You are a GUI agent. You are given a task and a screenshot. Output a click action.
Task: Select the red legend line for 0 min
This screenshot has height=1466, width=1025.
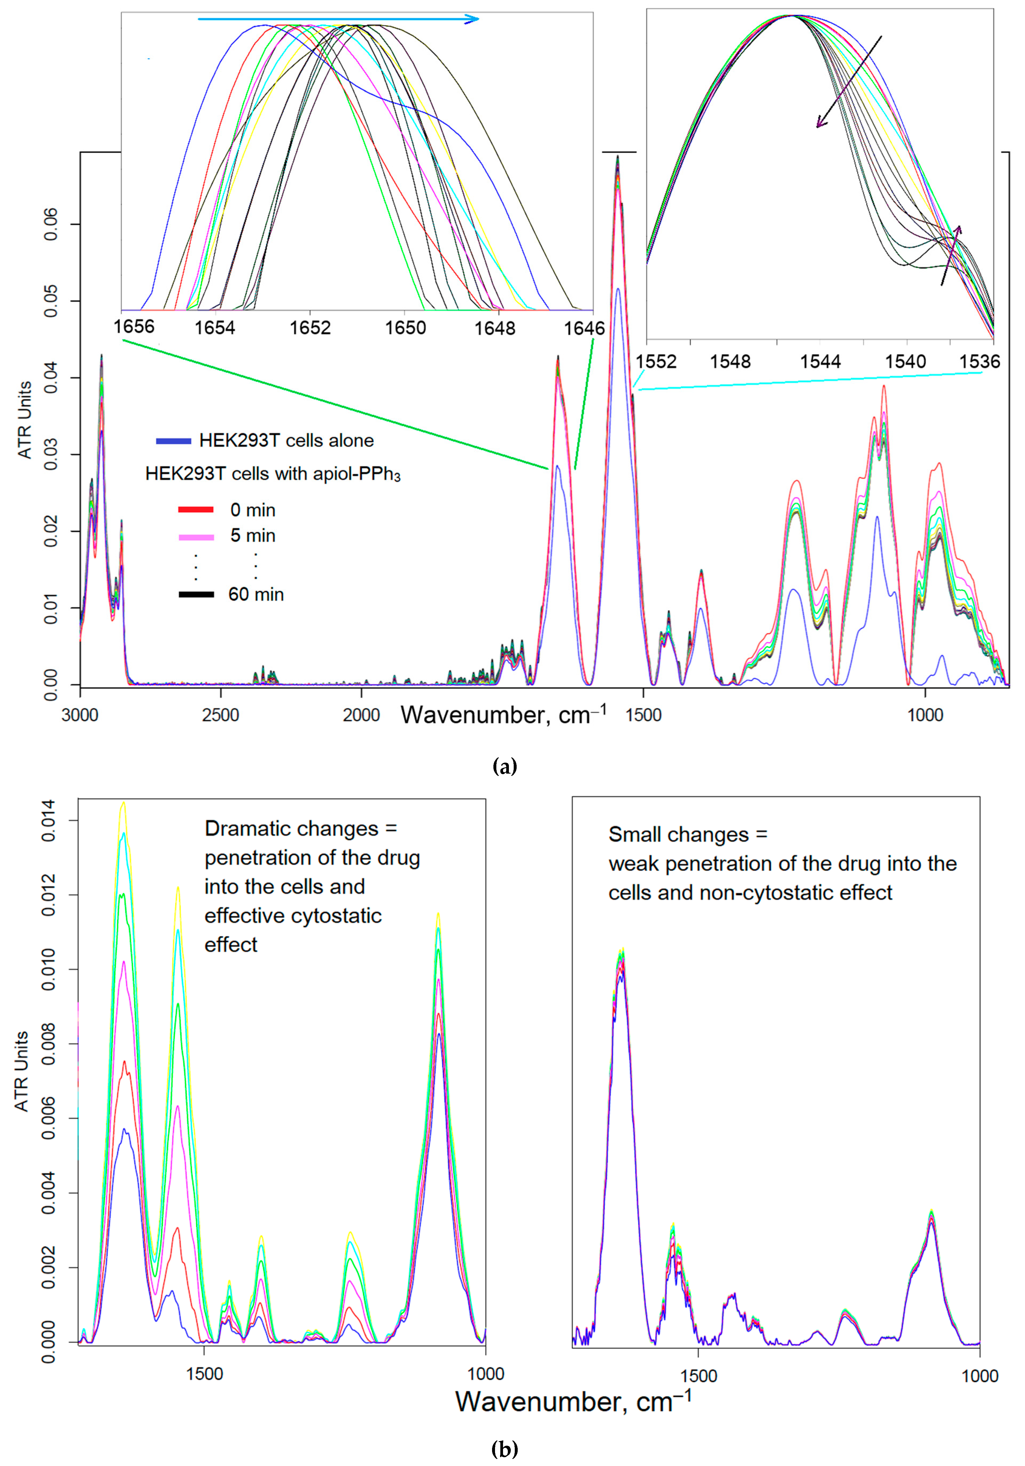[x=196, y=509]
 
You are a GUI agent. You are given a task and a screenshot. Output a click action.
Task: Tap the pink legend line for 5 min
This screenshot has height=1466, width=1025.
[x=196, y=537]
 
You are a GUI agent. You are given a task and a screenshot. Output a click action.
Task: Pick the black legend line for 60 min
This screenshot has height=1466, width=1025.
[x=196, y=594]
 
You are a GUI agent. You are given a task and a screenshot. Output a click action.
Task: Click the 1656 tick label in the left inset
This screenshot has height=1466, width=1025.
[x=134, y=327]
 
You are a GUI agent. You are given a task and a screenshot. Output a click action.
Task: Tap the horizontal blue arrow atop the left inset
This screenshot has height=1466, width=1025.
[x=338, y=19]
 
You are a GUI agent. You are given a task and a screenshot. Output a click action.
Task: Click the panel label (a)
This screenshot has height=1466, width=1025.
[x=505, y=766]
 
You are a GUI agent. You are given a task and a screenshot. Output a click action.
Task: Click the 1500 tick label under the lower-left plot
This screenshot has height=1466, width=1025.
[x=204, y=1374]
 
